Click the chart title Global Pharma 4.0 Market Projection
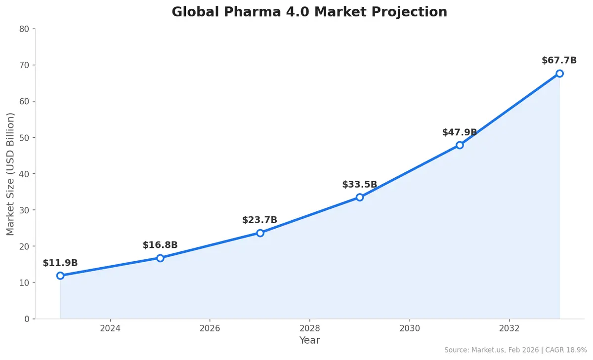(309, 12)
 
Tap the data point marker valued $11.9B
(60, 276)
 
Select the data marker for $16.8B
(160, 258)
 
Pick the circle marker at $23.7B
(260, 233)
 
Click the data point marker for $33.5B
(360, 197)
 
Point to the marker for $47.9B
(460, 145)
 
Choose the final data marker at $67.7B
(559, 74)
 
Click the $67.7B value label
(559, 61)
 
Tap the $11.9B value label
(60, 263)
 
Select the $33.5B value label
(359, 185)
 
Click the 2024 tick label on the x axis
(110, 328)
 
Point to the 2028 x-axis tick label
(309, 328)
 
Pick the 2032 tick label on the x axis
(509, 328)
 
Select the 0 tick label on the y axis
(27, 319)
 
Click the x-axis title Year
(309, 341)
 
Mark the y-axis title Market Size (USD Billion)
(11, 174)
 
